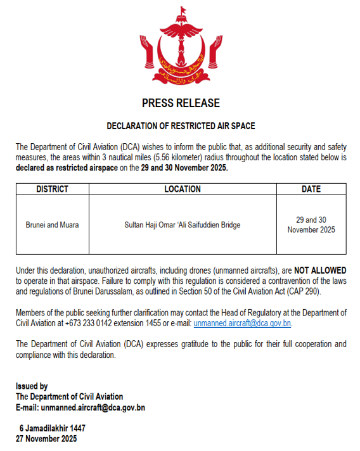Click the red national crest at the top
[x=181, y=48]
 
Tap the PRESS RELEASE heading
[x=181, y=103]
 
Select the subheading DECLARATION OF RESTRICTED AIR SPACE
[x=181, y=126]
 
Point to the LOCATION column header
[x=183, y=189]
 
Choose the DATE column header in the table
[x=311, y=189]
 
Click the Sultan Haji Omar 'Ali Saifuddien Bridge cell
[x=183, y=225]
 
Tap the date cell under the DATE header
[x=311, y=225]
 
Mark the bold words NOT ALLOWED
[x=320, y=270]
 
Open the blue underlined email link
[x=242, y=323]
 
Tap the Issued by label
[x=32, y=386]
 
